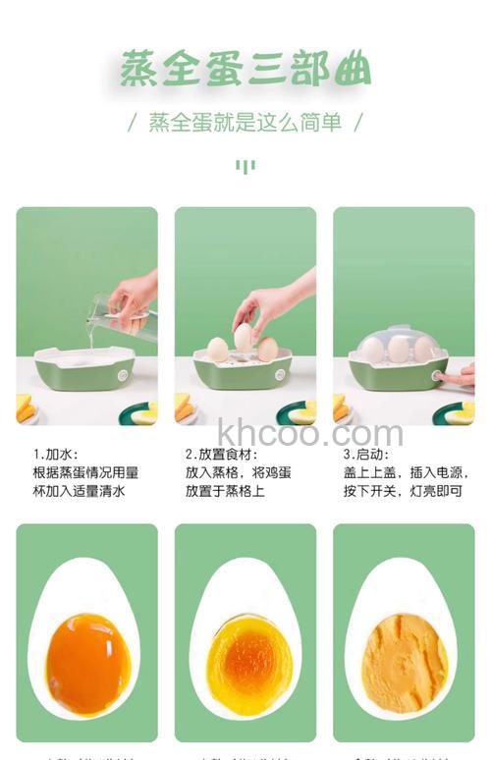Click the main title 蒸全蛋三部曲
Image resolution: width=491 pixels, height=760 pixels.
click(x=245, y=70)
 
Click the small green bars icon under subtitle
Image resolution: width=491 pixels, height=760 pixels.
click(x=245, y=166)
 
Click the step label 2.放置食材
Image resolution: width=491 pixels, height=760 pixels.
click(x=222, y=455)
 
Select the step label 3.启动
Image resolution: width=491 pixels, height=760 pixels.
click(x=366, y=455)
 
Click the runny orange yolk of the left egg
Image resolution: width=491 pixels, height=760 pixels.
click(x=88, y=662)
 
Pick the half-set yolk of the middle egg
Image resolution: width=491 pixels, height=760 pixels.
click(x=246, y=663)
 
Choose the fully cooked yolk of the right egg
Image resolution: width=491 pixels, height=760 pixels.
click(x=404, y=662)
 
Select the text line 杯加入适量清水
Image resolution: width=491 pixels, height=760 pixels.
click(x=79, y=490)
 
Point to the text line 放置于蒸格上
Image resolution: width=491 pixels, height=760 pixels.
click(x=225, y=490)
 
